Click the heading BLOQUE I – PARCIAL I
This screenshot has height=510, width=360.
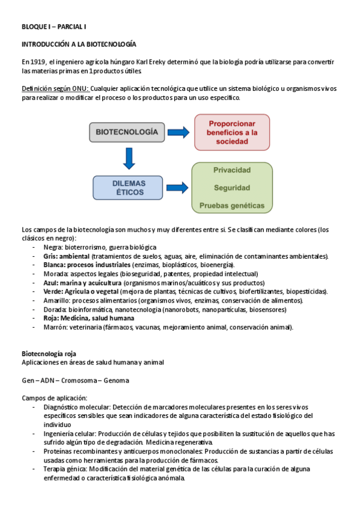(x=54, y=27)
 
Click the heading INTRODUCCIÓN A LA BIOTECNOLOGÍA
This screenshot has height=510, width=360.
(x=79, y=45)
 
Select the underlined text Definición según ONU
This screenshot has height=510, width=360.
(x=55, y=88)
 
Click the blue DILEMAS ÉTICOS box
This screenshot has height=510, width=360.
(x=127, y=187)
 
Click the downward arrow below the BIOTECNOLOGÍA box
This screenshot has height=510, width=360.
(x=127, y=158)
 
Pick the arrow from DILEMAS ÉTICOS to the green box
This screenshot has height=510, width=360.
(x=177, y=187)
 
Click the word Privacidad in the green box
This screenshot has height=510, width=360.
(x=232, y=170)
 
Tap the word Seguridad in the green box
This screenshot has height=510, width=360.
(x=232, y=188)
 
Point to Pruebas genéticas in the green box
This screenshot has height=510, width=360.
(x=231, y=206)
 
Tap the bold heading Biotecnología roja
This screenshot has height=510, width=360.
(x=49, y=353)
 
